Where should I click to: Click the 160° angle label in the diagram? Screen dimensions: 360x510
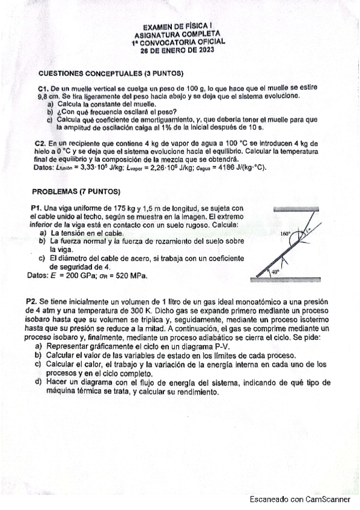point(285,233)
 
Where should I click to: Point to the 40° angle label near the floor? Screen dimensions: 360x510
point(276,272)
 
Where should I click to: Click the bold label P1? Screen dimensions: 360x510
point(37,207)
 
